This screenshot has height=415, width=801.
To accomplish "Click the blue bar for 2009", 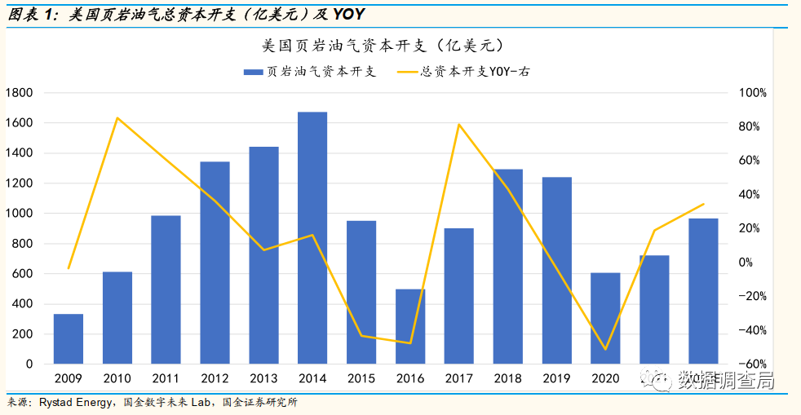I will pos(69,338).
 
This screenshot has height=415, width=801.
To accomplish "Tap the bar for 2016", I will pos(410,326).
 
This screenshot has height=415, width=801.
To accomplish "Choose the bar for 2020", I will pos(605,318).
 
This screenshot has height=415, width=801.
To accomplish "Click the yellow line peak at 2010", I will pos(117,118).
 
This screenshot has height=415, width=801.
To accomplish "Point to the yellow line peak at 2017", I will pos(459,125).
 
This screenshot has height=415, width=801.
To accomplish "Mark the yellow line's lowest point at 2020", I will pos(605,349).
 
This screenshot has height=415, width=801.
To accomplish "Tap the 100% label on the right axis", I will pos(752,93).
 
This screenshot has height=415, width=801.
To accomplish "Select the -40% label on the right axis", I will pos(752,330).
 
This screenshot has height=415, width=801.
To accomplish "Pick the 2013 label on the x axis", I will pos(263,378).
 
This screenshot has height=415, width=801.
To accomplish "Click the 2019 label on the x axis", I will pos(556,378).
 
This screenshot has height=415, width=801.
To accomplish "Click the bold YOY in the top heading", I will pos(348,15).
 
